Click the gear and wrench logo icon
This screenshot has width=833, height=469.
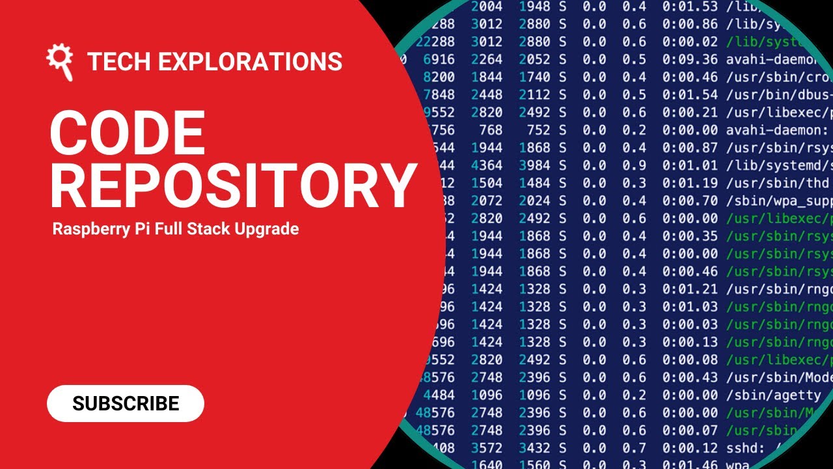[59, 61]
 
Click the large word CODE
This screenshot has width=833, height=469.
[128, 134]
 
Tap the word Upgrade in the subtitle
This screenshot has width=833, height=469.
[268, 229]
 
